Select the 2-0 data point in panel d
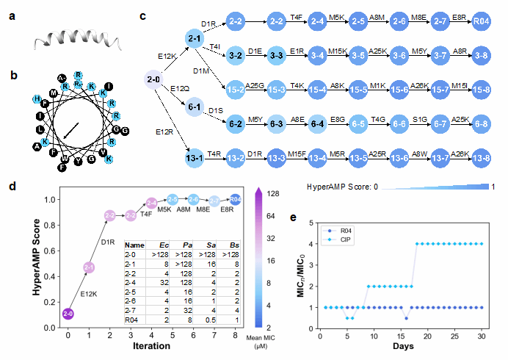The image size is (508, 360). point(68,314)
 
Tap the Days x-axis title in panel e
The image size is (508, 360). point(402,346)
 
